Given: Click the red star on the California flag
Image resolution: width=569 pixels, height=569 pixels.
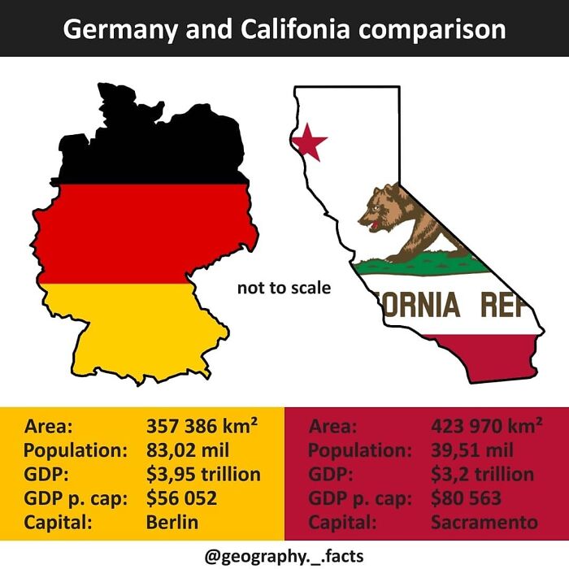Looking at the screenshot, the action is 309,141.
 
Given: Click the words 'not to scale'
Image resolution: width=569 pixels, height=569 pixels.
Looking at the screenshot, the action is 284,288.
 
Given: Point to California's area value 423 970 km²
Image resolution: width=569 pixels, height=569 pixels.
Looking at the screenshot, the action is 486,426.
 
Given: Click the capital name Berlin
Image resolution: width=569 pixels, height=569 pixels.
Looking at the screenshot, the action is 172,522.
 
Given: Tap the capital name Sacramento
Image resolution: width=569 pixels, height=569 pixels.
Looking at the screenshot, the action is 484,522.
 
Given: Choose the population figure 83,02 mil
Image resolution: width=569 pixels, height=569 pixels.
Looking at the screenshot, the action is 188,450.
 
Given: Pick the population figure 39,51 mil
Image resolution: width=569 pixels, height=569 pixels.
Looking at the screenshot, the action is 472,450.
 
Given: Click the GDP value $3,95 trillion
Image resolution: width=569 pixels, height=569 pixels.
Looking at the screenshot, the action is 203,474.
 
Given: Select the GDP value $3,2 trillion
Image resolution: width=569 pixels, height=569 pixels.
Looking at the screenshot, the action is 482,474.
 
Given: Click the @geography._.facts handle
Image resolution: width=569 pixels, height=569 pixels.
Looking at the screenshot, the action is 284,556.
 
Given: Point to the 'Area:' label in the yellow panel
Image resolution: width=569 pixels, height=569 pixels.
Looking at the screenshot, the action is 50,426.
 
